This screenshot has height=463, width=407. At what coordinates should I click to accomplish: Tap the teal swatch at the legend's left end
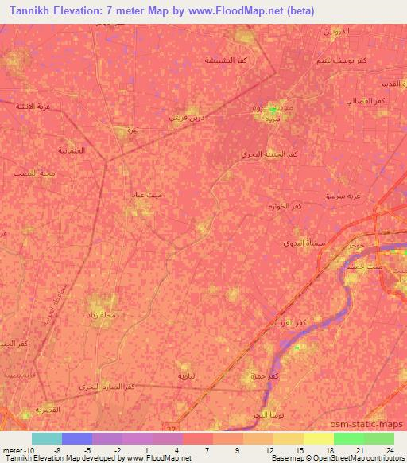click(x=46, y=438)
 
